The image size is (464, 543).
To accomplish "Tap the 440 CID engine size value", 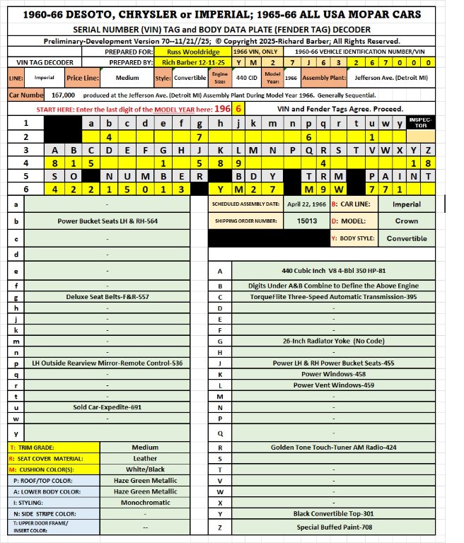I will click(x=240, y=77).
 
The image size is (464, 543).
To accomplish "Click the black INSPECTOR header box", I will click(x=438, y=123).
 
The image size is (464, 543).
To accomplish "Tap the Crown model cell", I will click(x=406, y=221).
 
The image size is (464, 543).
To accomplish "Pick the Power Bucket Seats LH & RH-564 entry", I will click(x=108, y=221).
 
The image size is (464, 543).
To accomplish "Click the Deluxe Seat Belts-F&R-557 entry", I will click(x=108, y=297).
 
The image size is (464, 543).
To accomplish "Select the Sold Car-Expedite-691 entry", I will click(x=108, y=407).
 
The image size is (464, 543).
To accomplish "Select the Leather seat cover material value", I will click(x=145, y=458).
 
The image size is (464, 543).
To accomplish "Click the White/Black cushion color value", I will click(x=145, y=469).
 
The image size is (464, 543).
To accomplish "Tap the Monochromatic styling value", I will click(x=145, y=502).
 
